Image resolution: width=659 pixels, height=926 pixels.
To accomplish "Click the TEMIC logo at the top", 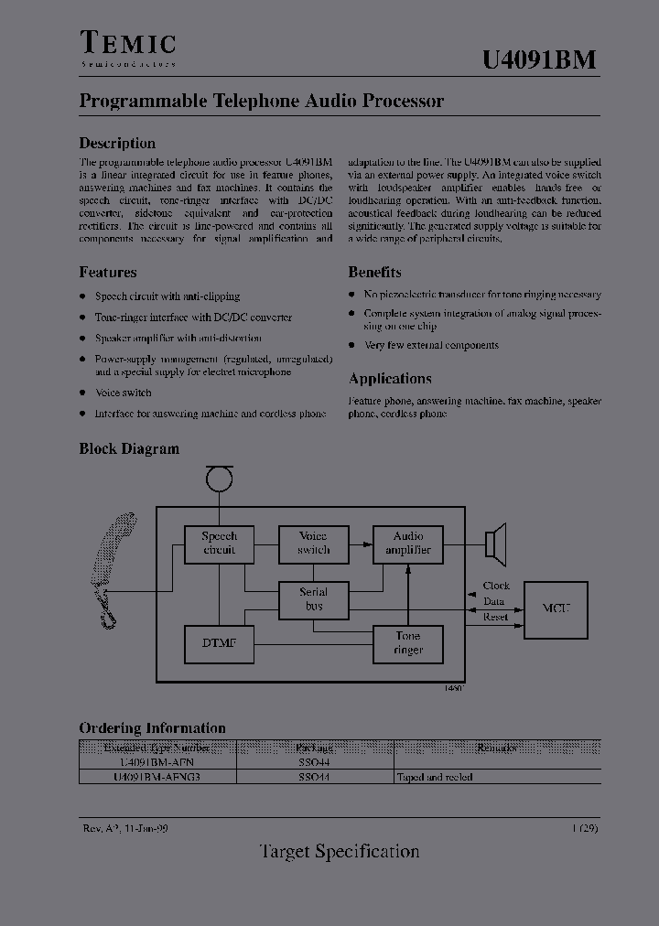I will [128, 48].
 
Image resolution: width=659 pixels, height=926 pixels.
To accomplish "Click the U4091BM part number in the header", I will [539, 59].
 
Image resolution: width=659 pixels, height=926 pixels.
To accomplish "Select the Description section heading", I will [117, 143].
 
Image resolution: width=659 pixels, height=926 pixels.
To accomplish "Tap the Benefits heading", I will [374, 272].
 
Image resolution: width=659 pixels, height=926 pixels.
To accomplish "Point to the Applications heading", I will [390, 379].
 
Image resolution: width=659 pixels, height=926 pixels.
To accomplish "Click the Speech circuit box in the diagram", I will [219, 544].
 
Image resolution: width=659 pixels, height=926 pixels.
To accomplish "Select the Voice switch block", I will [313, 544].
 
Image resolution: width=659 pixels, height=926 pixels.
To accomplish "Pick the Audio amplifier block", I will [408, 544].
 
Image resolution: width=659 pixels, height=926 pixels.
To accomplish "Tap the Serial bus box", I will [313, 599].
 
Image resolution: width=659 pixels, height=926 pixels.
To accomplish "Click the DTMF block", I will [219, 644].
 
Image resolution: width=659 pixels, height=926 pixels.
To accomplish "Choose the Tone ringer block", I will [408, 643].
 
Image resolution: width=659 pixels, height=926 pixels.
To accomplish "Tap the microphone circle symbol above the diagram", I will [219, 479].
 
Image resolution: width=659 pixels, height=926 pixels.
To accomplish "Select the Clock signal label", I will [496, 586].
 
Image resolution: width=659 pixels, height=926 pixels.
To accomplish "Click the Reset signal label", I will [495, 617].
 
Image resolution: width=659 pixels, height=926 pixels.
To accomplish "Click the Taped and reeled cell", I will [435, 777].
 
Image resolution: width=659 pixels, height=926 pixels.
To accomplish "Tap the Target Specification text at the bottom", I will [340, 851].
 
